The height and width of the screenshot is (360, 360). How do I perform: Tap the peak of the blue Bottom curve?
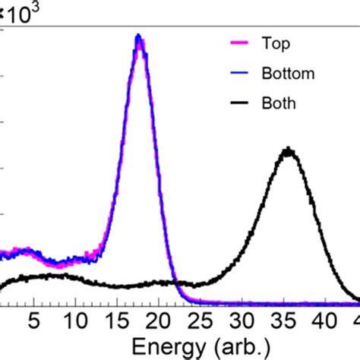pyautogui.click(x=137, y=36)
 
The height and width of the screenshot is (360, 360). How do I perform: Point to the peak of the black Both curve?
pyautogui.click(x=288, y=150)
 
